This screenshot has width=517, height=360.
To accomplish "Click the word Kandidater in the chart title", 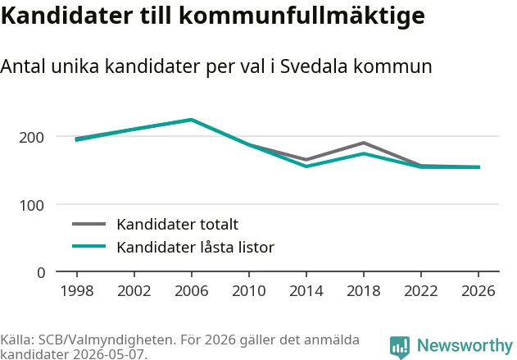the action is [67, 16].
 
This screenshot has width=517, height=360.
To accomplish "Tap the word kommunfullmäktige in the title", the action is [302, 16].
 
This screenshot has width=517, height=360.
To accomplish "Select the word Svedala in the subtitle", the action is [314, 66].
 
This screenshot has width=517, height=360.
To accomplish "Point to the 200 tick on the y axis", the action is [31, 137].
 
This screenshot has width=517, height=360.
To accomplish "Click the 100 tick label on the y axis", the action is [31, 205].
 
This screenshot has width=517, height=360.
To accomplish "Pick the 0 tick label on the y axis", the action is [41, 273].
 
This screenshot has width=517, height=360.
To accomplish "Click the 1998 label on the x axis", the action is [77, 290].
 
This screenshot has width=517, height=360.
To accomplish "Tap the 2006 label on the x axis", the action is [192, 290].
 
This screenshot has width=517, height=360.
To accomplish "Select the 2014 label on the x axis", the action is [306, 290].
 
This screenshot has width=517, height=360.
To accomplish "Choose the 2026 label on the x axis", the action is [478, 290].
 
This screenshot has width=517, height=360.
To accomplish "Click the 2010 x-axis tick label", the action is [249, 290].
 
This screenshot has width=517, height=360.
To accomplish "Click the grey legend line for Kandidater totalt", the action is [89, 224].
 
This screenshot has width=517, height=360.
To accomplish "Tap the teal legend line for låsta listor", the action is [89, 246].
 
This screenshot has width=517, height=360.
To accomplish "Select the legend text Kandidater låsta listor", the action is [196, 247].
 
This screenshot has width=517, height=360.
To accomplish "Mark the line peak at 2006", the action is [192, 120].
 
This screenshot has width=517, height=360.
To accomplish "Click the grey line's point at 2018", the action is [364, 143].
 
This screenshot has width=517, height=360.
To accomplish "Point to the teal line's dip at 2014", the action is [306, 166].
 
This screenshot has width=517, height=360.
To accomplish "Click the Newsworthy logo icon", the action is [400, 348].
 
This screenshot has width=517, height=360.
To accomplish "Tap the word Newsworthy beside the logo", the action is [465, 346].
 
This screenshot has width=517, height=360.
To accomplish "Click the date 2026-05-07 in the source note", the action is [109, 354].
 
